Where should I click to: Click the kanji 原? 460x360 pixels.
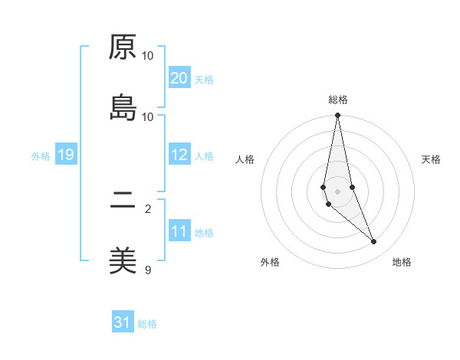(x=123, y=47)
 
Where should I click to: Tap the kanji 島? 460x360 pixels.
(x=123, y=109)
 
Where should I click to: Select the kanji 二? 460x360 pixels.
(x=123, y=201)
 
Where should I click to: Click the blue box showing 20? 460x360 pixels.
(x=179, y=78)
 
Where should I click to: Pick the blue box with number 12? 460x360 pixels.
(x=179, y=155)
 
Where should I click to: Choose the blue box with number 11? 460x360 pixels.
(x=179, y=231)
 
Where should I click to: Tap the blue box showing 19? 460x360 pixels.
(x=66, y=155)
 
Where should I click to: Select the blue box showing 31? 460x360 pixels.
(x=123, y=322)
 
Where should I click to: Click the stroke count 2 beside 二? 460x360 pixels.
(x=148, y=208)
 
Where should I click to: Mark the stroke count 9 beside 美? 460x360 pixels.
(x=148, y=270)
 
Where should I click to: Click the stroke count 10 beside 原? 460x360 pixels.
(x=148, y=56)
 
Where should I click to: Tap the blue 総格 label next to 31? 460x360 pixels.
(x=147, y=324)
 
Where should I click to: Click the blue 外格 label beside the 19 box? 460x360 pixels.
(x=40, y=156)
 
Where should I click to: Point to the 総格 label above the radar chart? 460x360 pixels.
(x=338, y=100)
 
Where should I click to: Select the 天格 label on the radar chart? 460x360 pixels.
(x=431, y=159)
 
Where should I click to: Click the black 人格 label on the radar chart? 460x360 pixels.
(x=245, y=159)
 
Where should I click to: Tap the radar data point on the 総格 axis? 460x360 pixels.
(x=338, y=116)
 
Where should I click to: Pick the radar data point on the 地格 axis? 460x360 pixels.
(x=374, y=242)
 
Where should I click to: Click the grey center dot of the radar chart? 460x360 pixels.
(x=338, y=191)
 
